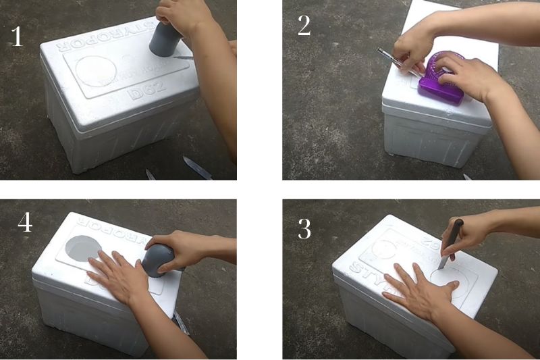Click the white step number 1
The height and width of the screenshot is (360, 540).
tap(17, 36)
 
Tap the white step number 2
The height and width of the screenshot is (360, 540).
tap(304, 26)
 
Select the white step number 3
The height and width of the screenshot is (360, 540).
tap(304, 230)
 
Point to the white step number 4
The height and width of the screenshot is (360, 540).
tap(25, 222)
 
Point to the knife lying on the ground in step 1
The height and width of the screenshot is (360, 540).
tap(197, 167)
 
